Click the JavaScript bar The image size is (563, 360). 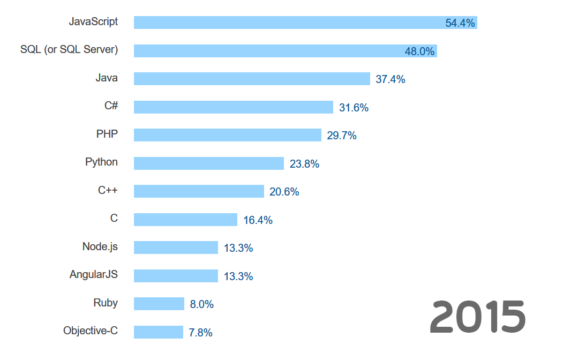(x=289, y=22)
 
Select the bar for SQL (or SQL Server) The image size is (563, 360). (x=268, y=51)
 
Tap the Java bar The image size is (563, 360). (x=252, y=79)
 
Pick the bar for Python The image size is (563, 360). (x=208, y=163)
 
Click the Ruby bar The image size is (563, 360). (x=159, y=304)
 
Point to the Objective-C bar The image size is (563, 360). (x=158, y=332)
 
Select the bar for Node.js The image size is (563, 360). (x=176, y=247)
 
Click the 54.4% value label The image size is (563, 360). (x=460, y=23)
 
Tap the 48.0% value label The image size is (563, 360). (x=419, y=51)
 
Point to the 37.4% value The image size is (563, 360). (x=390, y=79)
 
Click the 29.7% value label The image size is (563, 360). (x=342, y=136)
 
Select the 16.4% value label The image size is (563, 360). (x=258, y=220)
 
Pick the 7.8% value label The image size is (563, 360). (x=200, y=333)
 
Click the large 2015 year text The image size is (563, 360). (x=477, y=317)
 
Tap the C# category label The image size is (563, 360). (x=111, y=106)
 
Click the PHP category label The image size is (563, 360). (x=107, y=134)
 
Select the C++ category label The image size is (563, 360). (x=108, y=190)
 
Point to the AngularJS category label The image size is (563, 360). (x=93, y=274)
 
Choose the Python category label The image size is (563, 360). (x=101, y=162)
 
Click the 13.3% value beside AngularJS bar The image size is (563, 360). (x=238, y=276)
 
